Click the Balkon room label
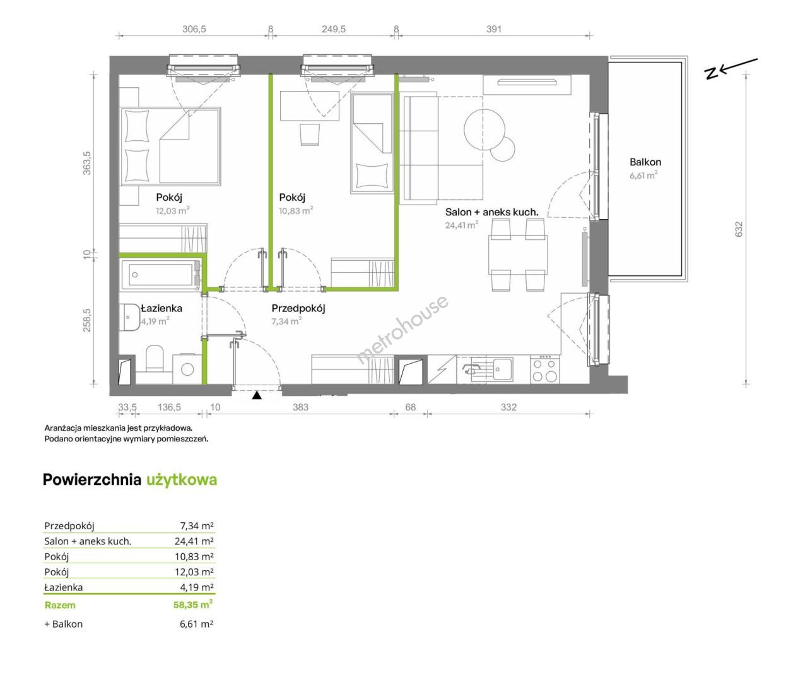coord(645,162)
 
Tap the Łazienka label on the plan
coord(161,308)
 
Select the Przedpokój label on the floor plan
coord(298,309)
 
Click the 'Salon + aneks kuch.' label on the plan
coord(491,212)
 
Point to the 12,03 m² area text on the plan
coord(172,210)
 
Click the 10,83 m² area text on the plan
coord(296,210)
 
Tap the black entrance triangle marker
coord(256,395)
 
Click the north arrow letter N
coord(711,73)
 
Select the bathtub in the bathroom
coord(161,275)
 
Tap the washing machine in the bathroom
coord(187,368)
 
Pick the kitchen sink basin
coord(503,369)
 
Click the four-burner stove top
coord(545,369)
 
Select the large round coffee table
coord(484,129)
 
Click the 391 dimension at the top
coord(494,29)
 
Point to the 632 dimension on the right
coord(739,229)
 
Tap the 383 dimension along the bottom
coord(300,407)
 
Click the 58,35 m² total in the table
coord(193,605)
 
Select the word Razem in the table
coord(60,605)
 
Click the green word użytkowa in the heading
coord(182,480)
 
